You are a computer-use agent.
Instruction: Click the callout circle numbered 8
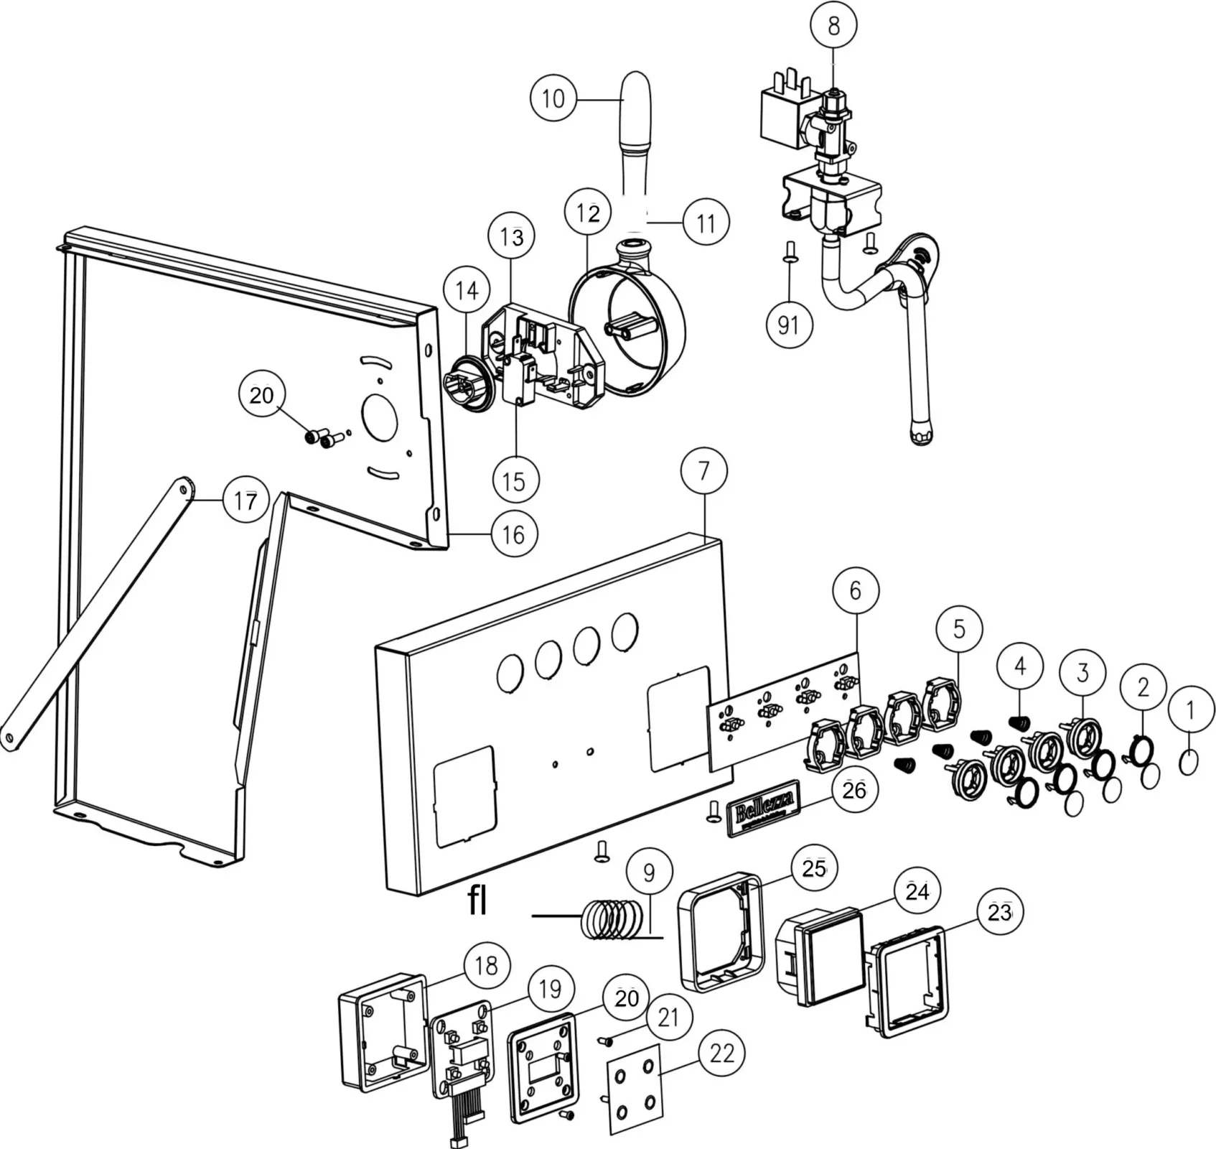point(833,27)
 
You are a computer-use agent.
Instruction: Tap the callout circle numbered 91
point(788,325)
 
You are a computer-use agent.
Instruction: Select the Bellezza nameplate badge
point(763,808)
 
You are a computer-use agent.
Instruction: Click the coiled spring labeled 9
point(612,919)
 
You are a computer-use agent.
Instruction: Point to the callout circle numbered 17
point(245,501)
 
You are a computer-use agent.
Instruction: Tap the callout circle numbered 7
point(703,471)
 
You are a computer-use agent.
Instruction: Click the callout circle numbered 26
point(854,791)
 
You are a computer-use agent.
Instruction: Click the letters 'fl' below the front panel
point(477,902)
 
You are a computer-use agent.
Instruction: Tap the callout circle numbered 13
point(512,236)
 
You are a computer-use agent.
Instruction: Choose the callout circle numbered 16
point(514,534)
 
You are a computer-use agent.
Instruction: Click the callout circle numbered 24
point(917,891)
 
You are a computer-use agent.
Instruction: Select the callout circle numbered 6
point(855,590)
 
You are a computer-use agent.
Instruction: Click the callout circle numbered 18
point(486,966)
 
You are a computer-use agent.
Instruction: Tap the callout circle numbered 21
point(668,1017)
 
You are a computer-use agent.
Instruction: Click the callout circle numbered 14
point(467,290)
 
